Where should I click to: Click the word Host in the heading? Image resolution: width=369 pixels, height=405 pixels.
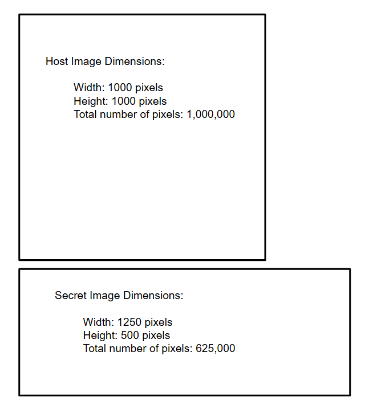(57, 62)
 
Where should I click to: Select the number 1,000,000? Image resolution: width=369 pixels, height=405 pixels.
(211, 114)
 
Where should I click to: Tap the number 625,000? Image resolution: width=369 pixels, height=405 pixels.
(215, 348)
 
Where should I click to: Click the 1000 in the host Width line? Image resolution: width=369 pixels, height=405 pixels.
(121, 88)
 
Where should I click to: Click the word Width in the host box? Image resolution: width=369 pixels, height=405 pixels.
(87, 88)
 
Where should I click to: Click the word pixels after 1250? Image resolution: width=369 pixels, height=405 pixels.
(159, 322)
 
